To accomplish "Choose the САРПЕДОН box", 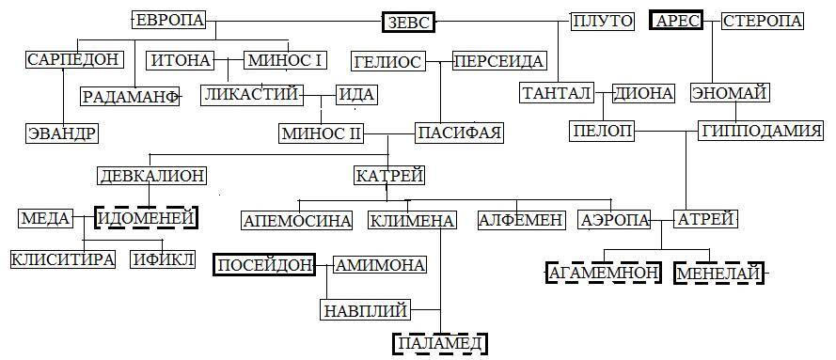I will pyautogui.click(x=74, y=60).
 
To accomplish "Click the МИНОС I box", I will pyautogui.click(x=286, y=60).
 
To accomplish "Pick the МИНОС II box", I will pyautogui.click(x=322, y=133).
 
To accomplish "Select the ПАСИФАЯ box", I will pyautogui.click(x=459, y=133).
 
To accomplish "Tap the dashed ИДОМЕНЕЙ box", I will pyautogui.click(x=148, y=218).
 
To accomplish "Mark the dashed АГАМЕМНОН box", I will pyautogui.click(x=603, y=273).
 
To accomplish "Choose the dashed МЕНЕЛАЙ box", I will pyautogui.click(x=719, y=273).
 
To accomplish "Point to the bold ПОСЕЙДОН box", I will pyautogui.click(x=264, y=265).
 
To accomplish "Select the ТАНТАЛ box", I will pyautogui.click(x=556, y=93).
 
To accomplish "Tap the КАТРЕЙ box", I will pyautogui.click(x=389, y=176).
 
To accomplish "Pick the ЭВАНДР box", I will pyautogui.click(x=61, y=133).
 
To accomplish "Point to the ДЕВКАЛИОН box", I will pyautogui.click(x=151, y=176).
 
